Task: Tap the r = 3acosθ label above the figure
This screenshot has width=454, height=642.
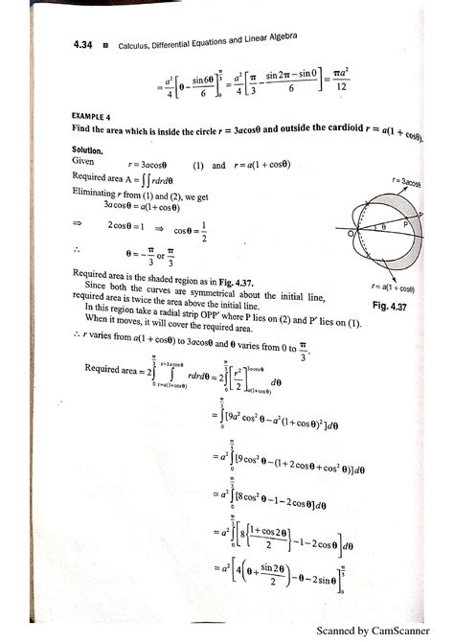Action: click(406, 180)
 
